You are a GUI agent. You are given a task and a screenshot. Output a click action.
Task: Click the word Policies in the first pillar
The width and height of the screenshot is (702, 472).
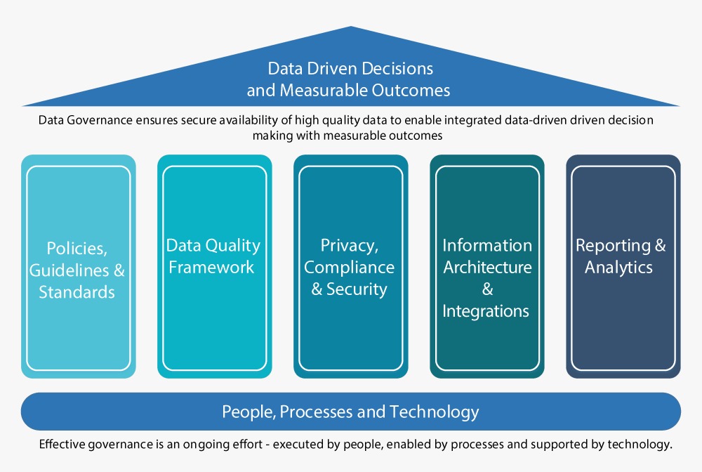(x=77, y=249)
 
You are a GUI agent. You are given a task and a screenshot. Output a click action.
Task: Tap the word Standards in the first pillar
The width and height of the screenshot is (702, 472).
(x=77, y=292)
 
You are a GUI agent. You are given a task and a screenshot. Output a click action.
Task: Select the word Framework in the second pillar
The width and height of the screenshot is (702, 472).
(x=211, y=268)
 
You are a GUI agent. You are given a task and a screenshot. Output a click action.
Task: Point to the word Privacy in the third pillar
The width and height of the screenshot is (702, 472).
(x=350, y=246)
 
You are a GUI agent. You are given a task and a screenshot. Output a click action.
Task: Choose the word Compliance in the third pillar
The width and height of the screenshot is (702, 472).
(x=349, y=268)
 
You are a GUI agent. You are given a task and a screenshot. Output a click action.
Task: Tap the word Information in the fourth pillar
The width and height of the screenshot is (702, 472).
(x=487, y=245)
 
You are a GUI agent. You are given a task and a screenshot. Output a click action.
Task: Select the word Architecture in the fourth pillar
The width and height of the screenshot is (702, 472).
(x=488, y=268)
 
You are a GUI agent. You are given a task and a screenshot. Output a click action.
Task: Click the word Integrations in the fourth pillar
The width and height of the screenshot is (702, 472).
(x=486, y=311)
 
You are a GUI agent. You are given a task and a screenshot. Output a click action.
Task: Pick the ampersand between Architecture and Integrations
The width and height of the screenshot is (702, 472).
(x=488, y=289)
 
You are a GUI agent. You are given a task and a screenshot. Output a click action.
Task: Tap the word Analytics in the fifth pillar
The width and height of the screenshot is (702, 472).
(x=618, y=268)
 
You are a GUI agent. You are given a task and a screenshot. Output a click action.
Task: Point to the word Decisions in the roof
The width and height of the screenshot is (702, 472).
(x=397, y=69)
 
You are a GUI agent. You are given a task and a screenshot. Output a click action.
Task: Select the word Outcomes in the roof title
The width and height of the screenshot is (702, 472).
(x=411, y=91)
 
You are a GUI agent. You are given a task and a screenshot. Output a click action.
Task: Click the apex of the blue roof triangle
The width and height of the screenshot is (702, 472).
(x=351, y=27)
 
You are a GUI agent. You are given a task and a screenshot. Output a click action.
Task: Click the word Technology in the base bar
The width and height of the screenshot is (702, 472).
(x=435, y=412)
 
